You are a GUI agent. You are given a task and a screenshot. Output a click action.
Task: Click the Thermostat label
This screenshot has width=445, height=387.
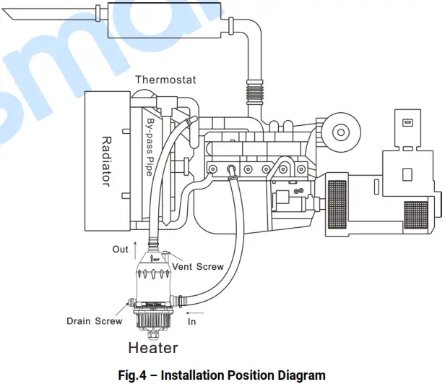[165, 79]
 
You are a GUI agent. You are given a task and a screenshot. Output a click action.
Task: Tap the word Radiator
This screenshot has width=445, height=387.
[106, 161]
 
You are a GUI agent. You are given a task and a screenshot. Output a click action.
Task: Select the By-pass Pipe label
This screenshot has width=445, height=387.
[148, 148]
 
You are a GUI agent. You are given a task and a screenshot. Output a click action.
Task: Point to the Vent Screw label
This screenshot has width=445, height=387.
[197, 267]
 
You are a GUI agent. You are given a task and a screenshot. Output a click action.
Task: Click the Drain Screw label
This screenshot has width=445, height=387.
[94, 320]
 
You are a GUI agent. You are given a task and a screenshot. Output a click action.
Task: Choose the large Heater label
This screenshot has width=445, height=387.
[152, 348]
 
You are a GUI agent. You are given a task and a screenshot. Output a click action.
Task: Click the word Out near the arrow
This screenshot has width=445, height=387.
[120, 250]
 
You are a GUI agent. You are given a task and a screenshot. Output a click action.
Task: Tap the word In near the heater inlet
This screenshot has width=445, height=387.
[191, 320]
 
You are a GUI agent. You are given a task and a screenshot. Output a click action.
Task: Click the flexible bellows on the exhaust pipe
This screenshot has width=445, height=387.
[253, 92]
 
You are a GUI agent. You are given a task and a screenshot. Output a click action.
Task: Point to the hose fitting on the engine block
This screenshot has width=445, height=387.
[232, 169]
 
